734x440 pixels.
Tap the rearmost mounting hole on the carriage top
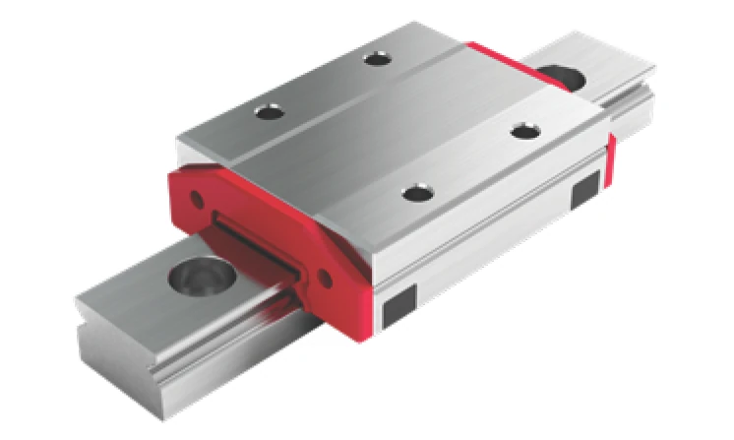click(376, 60)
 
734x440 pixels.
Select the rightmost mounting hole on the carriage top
click(521, 128)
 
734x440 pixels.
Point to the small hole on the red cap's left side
click(197, 200)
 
